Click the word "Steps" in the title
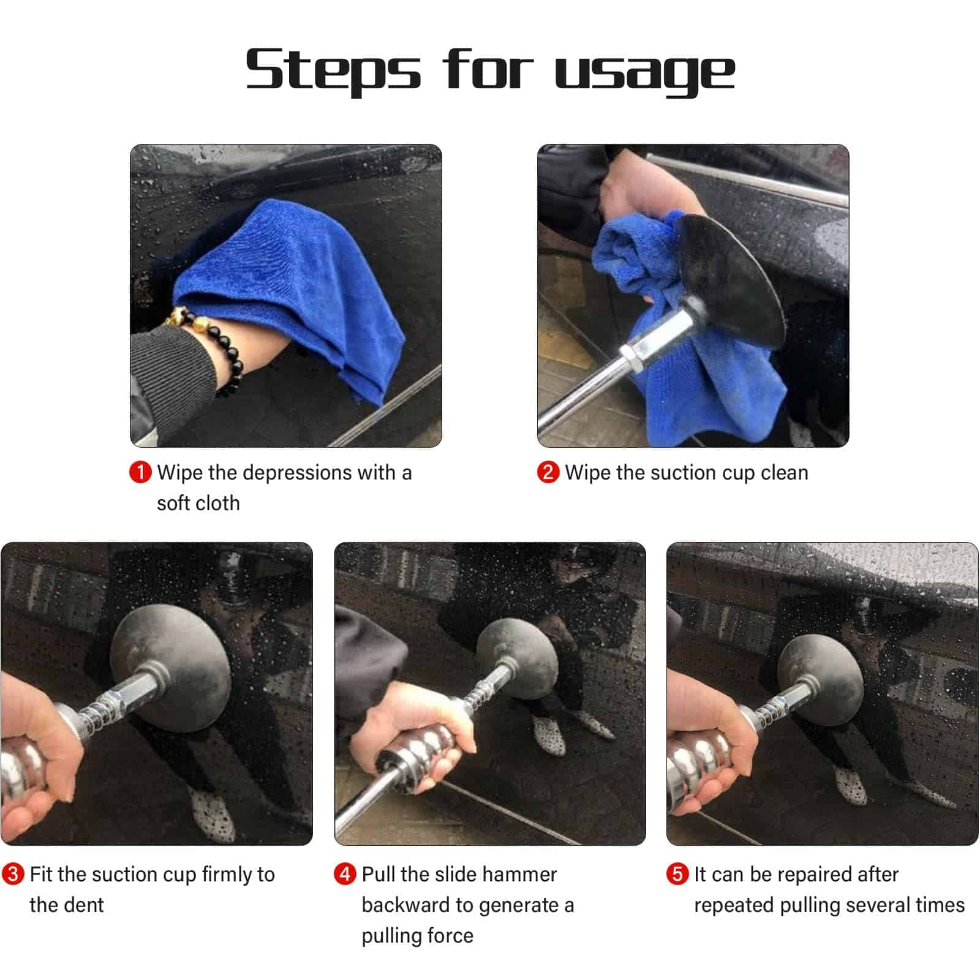click(x=333, y=70)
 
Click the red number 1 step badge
click(x=140, y=472)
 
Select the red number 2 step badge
click(x=548, y=472)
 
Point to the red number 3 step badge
click(x=13, y=873)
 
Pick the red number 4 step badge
click(x=345, y=873)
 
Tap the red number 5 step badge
click(x=677, y=873)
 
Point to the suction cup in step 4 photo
click(x=518, y=658)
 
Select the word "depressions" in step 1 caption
click(x=288, y=473)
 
